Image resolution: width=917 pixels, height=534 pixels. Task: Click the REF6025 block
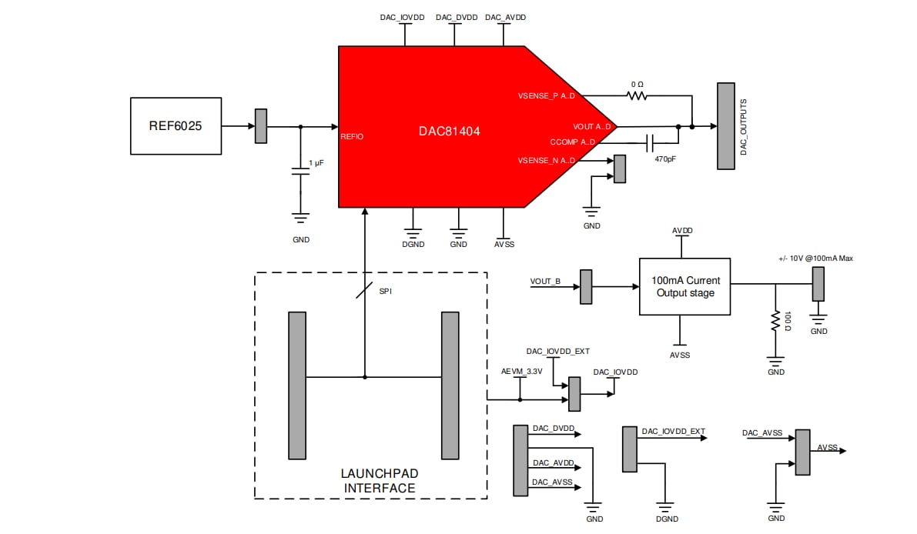click(176, 125)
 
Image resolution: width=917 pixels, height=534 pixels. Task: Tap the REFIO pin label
click(353, 137)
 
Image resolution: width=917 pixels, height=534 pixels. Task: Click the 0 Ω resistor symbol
click(636, 95)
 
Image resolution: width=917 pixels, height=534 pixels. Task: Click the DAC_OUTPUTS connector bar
click(725, 125)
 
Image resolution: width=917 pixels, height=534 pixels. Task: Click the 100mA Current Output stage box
click(684, 286)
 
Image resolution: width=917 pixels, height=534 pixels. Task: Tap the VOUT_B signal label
click(545, 281)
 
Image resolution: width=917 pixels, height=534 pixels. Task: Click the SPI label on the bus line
click(386, 292)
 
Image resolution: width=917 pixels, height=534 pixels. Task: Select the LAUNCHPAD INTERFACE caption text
click(379, 480)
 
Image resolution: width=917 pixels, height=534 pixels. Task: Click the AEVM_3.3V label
click(521, 372)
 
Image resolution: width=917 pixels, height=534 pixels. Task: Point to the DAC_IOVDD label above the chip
click(402, 17)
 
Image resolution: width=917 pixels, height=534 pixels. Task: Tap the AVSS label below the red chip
click(504, 244)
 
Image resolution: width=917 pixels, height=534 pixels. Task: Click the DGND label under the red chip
click(413, 244)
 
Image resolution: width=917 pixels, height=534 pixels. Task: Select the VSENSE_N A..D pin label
click(547, 160)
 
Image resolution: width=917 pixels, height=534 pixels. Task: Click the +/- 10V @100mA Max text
click(815, 258)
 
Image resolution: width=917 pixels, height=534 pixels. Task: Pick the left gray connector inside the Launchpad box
click(296, 385)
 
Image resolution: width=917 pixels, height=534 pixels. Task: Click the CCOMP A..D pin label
click(573, 142)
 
